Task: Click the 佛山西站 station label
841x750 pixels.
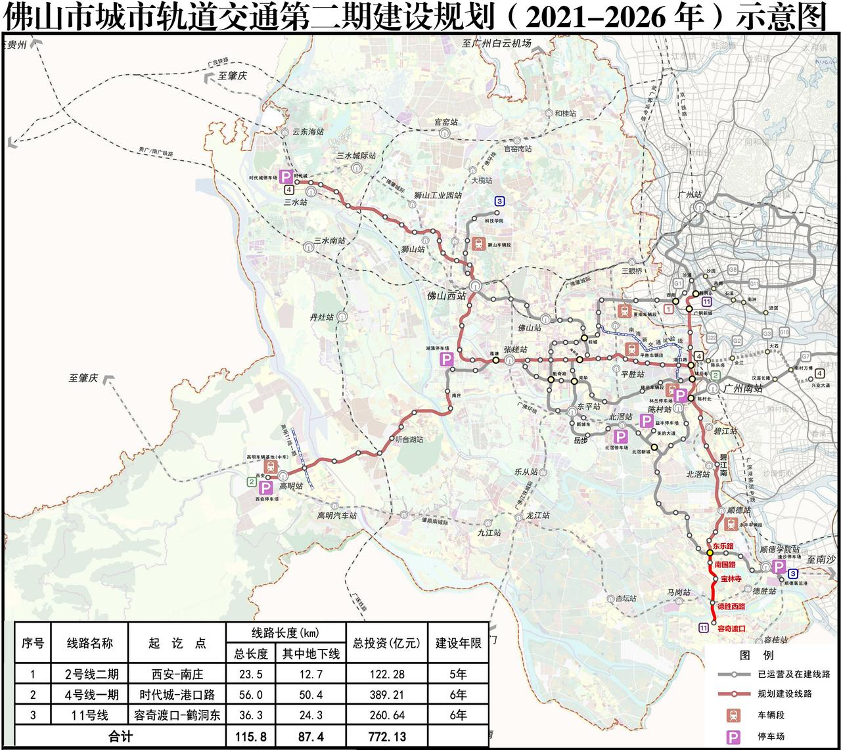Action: pyautogui.click(x=443, y=296)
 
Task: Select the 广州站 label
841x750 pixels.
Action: pyautogui.click(x=689, y=195)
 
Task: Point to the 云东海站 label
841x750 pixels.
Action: pyautogui.click(x=308, y=131)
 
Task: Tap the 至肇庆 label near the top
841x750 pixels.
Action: pyautogui.click(x=233, y=76)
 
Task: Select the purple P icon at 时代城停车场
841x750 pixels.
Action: pyautogui.click(x=286, y=177)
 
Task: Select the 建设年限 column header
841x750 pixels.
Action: pyautogui.click(x=458, y=643)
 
